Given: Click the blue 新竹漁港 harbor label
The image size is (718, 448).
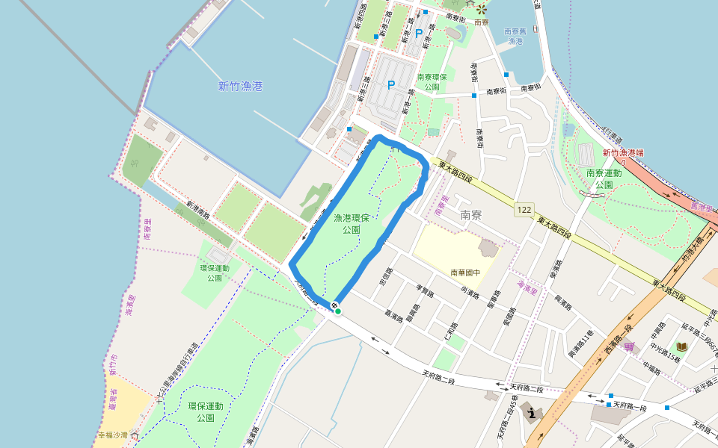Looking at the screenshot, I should pos(240,87).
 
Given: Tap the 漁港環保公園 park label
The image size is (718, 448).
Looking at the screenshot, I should pos(352,224).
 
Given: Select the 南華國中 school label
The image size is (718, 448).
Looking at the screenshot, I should pos(464,273).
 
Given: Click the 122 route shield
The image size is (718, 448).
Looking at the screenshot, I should pos(524,211).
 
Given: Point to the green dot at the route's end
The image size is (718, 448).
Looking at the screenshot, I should pos(338,311).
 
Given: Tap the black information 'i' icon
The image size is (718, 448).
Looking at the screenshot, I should pos(532,412).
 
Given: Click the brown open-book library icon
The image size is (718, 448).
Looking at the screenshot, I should pos(681,346).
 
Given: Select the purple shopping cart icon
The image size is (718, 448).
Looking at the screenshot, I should pos(630,346).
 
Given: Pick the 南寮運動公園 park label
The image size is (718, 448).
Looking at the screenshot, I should pos(604,178).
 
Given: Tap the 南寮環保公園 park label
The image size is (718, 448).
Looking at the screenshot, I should pos(432,81).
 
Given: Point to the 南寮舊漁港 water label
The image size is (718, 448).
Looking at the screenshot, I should pos(515,36).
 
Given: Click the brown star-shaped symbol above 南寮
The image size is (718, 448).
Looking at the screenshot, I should pos(482,10).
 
